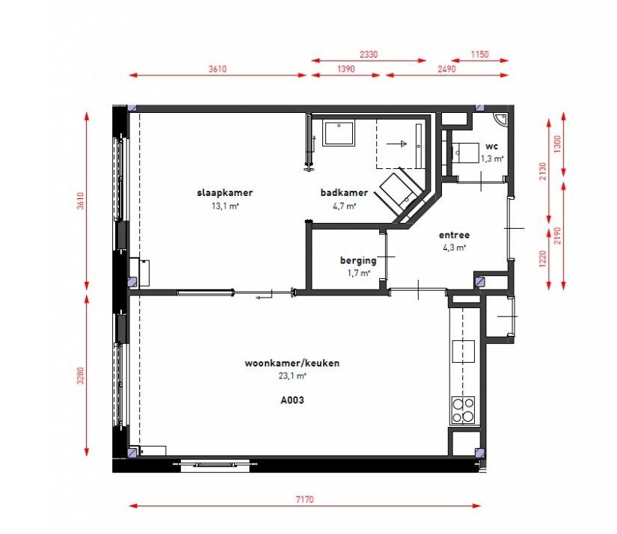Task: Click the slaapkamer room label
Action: (224, 192)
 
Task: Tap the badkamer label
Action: (344, 192)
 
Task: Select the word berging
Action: (358, 260)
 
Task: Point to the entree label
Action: (454, 235)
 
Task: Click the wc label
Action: (491, 147)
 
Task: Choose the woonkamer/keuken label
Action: (292, 363)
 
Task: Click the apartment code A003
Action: (292, 400)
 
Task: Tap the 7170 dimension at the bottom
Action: (305, 500)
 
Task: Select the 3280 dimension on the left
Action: (81, 375)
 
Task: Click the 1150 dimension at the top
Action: (479, 55)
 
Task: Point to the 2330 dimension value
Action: (369, 55)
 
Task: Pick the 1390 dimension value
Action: (346, 69)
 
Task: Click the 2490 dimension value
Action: (446, 69)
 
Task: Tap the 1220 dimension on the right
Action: (543, 259)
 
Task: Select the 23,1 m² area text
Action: (292, 375)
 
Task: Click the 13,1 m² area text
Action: (224, 206)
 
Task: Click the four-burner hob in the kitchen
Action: (463, 410)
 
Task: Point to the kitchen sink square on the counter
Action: (463, 351)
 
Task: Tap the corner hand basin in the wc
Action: (500, 119)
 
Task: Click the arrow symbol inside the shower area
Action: (396, 144)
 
